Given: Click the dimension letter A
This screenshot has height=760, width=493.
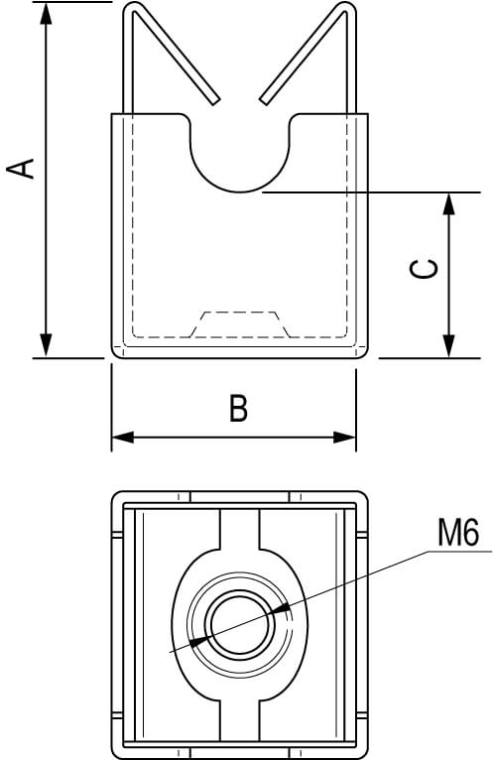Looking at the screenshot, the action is click(21, 169).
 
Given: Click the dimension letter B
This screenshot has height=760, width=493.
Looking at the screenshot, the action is click(238, 408).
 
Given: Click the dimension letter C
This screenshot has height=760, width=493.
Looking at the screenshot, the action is click(425, 269).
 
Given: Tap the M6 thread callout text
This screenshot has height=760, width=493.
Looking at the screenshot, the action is click(458, 532).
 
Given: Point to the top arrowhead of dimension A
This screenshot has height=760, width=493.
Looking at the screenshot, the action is click(46, 13).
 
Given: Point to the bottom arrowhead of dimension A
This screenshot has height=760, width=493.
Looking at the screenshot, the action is click(46, 345).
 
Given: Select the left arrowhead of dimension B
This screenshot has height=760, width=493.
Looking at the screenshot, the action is click(123, 438).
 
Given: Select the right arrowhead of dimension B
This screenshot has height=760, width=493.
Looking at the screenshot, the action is click(344, 438).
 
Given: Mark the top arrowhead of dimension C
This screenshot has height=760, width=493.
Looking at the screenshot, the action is click(449, 204).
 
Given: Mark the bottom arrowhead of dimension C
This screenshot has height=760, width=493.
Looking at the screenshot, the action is click(449, 346).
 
